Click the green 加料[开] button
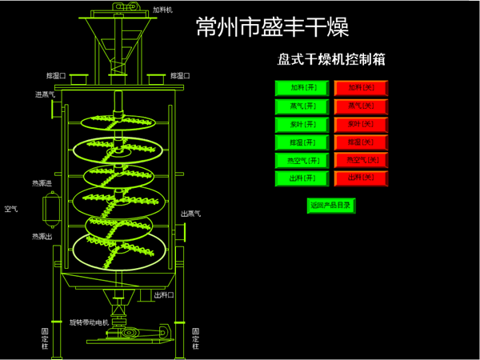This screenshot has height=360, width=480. pos(302,88)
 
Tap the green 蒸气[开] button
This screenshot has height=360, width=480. pos(302,106)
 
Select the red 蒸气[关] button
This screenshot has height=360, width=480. pos(361,106)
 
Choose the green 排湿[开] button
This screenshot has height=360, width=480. pos(302,142)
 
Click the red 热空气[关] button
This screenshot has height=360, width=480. pos(361,160)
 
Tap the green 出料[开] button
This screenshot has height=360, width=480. pos(302,178)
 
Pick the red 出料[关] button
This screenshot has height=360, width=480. pos(361,178)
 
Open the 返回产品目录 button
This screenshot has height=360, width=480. pos(330,206)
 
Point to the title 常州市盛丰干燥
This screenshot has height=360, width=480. pos(272,27)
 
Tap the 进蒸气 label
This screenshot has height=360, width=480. pos(45,94)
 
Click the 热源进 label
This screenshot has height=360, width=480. pos(42,183)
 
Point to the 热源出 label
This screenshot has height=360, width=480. pos(42,236)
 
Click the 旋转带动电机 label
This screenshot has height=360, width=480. pos(88,322)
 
